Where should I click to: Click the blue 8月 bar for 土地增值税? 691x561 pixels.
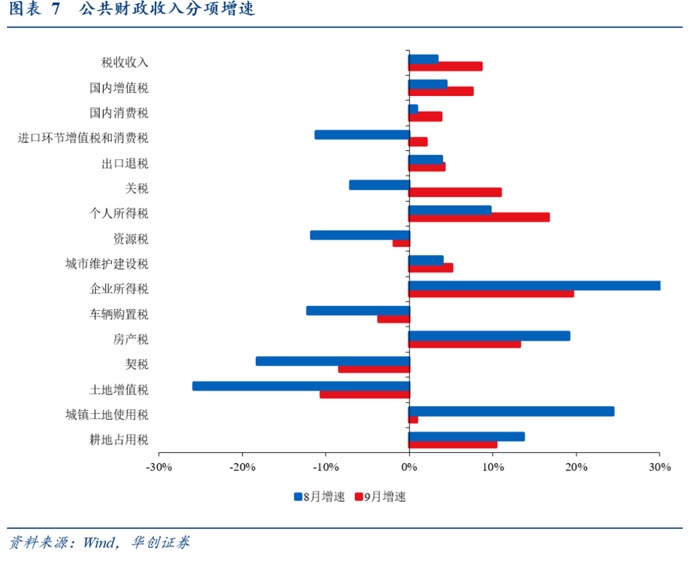coord(301,386)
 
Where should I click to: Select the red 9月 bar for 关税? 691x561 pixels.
coord(455,192)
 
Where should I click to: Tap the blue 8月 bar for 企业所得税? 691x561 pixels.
coord(534,285)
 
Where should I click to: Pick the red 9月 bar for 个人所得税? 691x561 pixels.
coord(479,217)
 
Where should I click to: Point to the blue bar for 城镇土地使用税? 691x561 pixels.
coord(511,411)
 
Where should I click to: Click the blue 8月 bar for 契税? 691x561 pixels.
coord(332,361)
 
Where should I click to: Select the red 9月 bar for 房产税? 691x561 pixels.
coord(465,344)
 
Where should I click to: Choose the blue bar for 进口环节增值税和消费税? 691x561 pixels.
coord(361,134)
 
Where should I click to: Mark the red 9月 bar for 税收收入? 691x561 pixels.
coord(445,67)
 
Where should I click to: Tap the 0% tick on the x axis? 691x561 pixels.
coord(409,468)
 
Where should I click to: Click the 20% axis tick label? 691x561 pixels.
coord(576,468)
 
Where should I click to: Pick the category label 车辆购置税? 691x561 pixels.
coord(119,314)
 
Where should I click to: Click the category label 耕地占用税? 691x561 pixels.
coord(119,440)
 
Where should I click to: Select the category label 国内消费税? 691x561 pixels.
coord(119,113)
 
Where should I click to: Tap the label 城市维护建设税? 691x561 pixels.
coord(107,264)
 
